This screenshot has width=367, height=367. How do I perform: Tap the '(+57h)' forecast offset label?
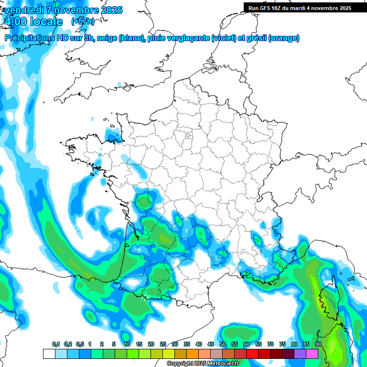[83, 22]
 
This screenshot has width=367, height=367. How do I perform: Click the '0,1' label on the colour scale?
[56, 345]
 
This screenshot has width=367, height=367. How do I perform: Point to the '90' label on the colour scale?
[318, 345]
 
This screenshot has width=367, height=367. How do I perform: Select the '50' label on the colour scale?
[223, 345]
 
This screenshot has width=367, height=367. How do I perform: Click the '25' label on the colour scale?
[163, 345]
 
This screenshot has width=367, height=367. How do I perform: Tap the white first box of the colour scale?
[49, 354]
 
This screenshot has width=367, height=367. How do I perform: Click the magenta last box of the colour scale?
[312, 354]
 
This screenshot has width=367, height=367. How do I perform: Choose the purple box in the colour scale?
[300, 354]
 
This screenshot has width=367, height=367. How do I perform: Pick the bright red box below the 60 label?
[252, 354]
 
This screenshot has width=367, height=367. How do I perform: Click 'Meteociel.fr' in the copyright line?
[222, 363]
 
